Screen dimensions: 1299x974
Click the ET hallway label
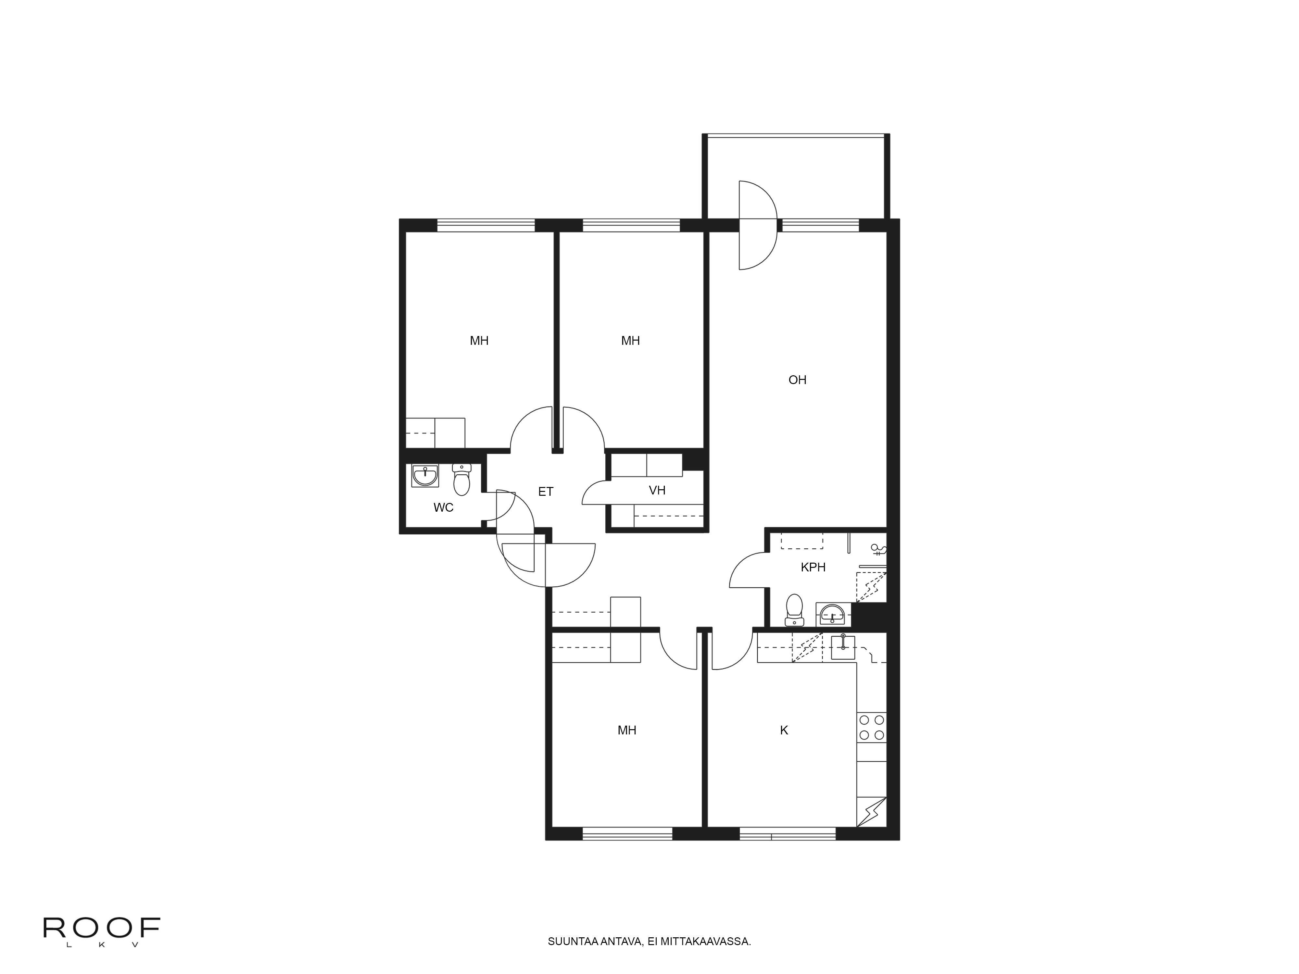546,492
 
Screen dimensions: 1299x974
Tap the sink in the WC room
424,476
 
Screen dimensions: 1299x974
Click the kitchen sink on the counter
843,648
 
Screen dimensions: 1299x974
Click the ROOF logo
102,928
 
